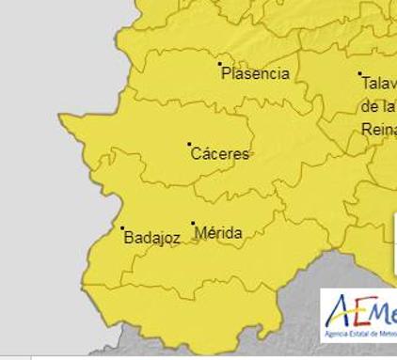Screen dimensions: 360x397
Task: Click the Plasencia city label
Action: pyautogui.click(x=255, y=73)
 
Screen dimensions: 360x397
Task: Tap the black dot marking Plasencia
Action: pyautogui.click(x=220, y=64)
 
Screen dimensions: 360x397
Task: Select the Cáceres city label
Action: pyautogui.click(x=220, y=154)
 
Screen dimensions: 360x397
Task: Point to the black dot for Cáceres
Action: pyautogui.click(x=189, y=144)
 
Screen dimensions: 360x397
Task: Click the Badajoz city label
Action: pyautogui.click(x=151, y=239)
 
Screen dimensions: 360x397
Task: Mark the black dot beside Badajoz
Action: pyautogui.click(x=122, y=227)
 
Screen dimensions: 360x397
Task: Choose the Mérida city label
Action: pyautogui.click(x=218, y=233)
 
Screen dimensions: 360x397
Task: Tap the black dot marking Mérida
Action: pyautogui.click(x=193, y=224)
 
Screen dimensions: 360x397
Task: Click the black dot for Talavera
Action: pyautogui.click(x=359, y=73)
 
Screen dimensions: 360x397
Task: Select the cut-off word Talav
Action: pyautogui.click(x=378, y=84)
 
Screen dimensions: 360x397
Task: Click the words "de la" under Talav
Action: pyautogui.click(x=376, y=106)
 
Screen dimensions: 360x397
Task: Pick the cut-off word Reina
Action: pyautogui.click(x=379, y=128)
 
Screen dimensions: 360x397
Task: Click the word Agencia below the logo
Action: pyautogui.click(x=339, y=334)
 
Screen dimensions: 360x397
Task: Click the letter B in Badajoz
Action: pyautogui.click(x=129, y=239)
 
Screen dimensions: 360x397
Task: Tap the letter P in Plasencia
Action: pyautogui.click(x=226, y=73)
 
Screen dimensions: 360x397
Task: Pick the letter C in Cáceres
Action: pyautogui.click(x=196, y=154)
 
